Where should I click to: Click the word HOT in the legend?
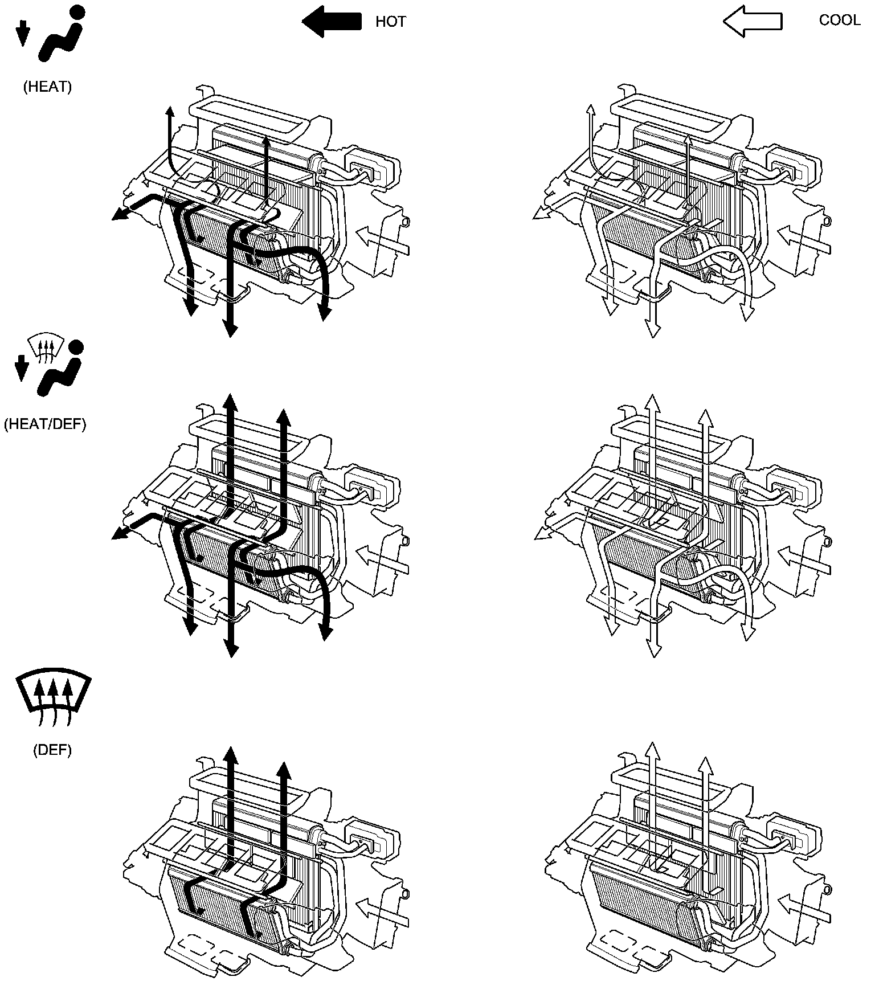[x=390, y=22]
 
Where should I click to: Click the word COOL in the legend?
[x=839, y=21]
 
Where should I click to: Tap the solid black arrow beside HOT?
[x=331, y=22]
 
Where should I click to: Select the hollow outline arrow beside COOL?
[x=752, y=22]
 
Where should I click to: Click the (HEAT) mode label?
[x=47, y=87]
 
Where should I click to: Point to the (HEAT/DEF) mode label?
[x=45, y=424]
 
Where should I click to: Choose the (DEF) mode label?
[x=52, y=750]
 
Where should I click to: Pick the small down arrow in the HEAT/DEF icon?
[x=22, y=368]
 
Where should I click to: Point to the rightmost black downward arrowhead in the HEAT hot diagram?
[x=324, y=313]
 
